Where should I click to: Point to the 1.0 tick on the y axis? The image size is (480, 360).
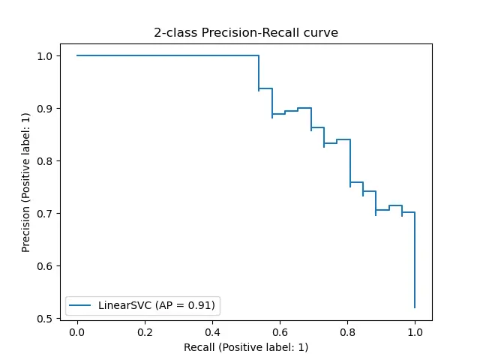point(46,56)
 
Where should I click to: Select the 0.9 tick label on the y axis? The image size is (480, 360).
point(46,109)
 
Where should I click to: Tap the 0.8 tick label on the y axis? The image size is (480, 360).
point(46,161)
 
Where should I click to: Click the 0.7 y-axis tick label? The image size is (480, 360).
point(46,214)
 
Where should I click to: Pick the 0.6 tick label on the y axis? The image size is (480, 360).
point(46,266)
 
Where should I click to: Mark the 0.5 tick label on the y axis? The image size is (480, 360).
point(46,319)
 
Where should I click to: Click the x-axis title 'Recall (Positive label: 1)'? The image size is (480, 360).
point(246,347)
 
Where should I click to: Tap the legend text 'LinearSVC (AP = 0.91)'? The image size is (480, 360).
point(157,305)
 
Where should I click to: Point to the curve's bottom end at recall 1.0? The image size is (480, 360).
point(415,307)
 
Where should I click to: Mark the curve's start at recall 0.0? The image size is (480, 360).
point(77,55)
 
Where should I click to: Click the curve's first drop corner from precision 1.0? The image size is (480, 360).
point(259,55)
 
